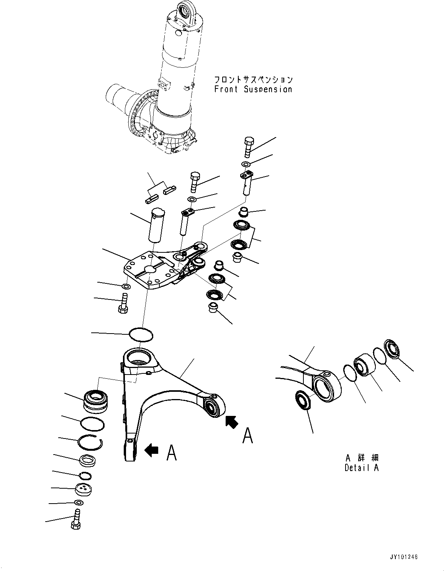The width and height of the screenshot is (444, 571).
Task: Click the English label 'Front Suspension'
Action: [253, 89]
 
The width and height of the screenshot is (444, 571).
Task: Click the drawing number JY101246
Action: [399, 556]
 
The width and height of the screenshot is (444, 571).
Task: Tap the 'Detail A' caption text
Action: [361, 468]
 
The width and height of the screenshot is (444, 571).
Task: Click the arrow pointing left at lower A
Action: [151, 450]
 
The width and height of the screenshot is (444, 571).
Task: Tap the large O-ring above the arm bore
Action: [141, 334]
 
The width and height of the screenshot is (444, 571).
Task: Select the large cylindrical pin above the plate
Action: [157, 225]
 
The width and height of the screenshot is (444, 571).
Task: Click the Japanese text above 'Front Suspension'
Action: [253, 79]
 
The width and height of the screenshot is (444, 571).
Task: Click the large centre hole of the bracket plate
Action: [150, 269]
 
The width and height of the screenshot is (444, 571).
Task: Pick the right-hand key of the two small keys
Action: [169, 190]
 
